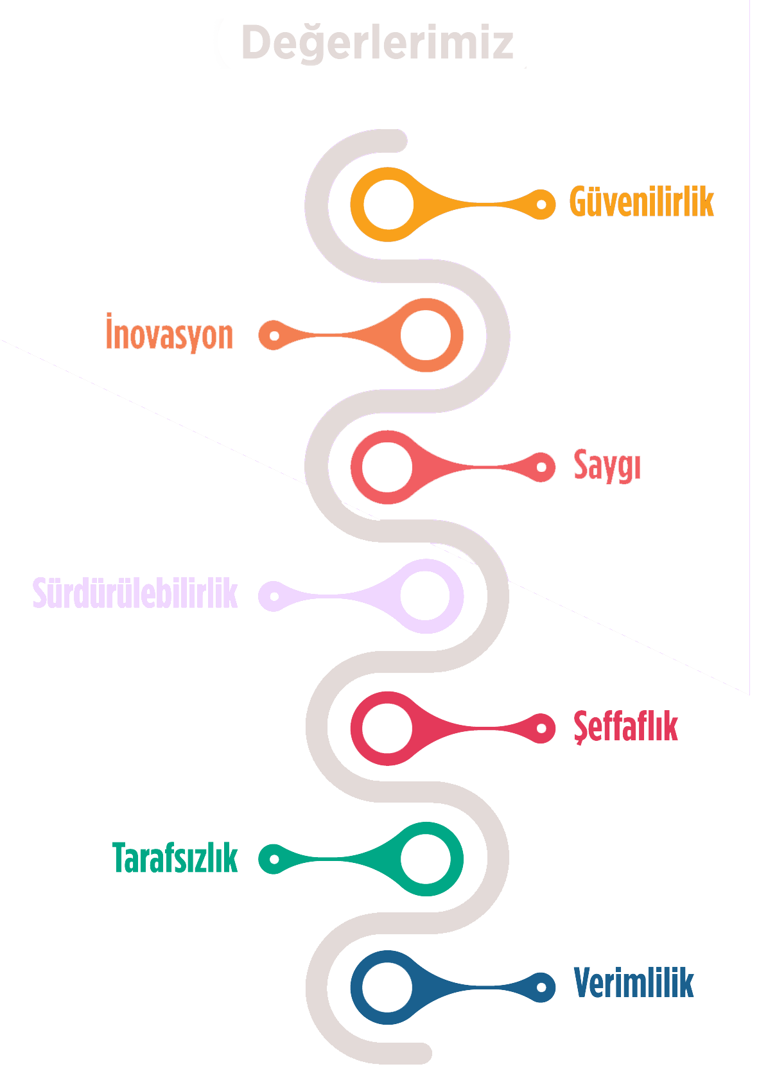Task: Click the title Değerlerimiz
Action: (377, 43)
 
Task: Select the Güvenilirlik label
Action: (641, 202)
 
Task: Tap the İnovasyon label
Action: (169, 334)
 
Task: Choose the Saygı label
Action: (606, 465)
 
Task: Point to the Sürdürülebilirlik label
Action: (135, 594)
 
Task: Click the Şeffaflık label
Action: (625, 727)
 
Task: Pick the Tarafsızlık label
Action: (175, 858)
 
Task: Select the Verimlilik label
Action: (633, 983)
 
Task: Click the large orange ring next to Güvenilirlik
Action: (388, 205)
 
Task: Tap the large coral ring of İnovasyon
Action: (426, 335)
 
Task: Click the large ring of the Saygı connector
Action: (387, 467)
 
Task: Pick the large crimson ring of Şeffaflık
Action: (387, 728)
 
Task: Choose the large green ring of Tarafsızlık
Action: (426, 859)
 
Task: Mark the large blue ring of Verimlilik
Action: (387, 987)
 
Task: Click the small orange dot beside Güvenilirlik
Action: (541, 205)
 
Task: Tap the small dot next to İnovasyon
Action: (273, 336)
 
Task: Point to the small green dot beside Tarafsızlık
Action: (273, 859)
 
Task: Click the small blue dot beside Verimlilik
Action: (541, 987)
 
